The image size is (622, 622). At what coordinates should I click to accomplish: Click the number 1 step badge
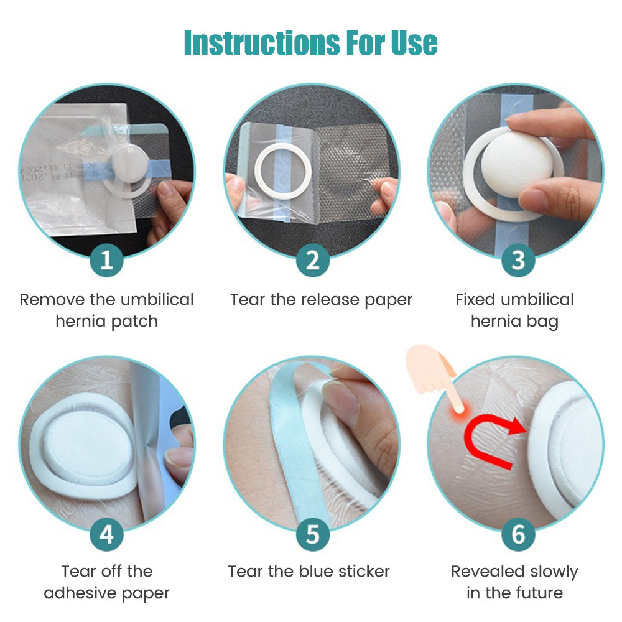pyautogui.click(x=106, y=261)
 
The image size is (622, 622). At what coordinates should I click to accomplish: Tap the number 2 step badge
pyautogui.click(x=312, y=261)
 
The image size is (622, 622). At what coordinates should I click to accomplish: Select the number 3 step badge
pyautogui.click(x=518, y=261)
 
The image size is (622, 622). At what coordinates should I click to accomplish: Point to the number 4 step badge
pyautogui.click(x=106, y=534)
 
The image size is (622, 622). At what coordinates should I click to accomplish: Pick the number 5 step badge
pyautogui.click(x=312, y=534)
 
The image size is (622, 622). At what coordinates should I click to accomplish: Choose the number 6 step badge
pyautogui.click(x=518, y=534)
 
